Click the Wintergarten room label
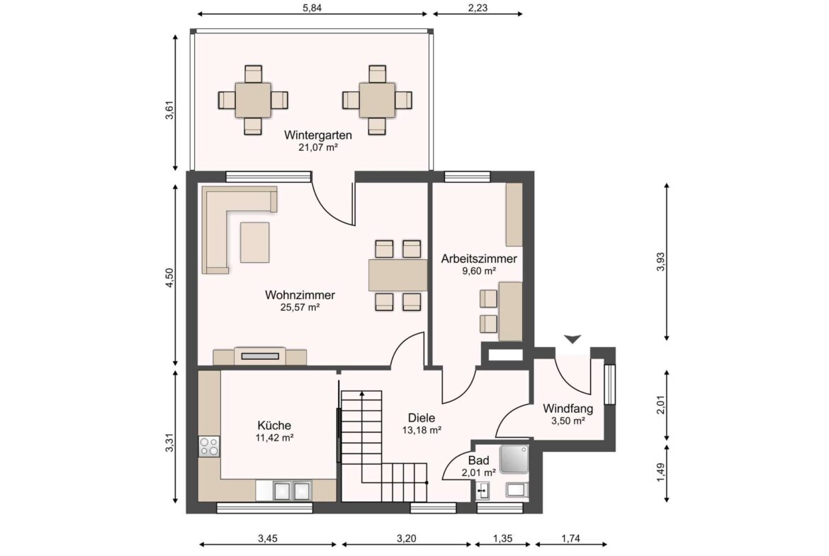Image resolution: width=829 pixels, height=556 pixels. pos(317,135)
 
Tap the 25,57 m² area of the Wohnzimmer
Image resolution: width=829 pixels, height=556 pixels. pos(300,307)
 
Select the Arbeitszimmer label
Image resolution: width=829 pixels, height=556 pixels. pos(479,259)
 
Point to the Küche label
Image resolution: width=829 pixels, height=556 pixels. pos(274,426)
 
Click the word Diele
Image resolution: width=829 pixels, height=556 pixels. pos(422,418)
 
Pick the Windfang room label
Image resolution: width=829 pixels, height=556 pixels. pos(568,409)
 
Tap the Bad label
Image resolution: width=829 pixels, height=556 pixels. pos(478,460)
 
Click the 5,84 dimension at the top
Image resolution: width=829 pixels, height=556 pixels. pos(312,7)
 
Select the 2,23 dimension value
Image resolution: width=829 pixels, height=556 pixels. pos(478,7)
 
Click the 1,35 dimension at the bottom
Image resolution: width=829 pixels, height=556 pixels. pos(503,538)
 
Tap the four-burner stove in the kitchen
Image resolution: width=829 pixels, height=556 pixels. pos(209,446)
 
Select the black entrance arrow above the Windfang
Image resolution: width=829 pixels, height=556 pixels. pos(572,339)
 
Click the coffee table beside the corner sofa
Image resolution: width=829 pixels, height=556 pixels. pos(255,243)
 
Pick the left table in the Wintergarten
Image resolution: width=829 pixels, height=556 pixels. pos(253,100)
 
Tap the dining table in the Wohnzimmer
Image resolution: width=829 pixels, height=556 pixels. pos(398,275)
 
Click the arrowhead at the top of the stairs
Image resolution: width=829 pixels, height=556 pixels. pos(362,394)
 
